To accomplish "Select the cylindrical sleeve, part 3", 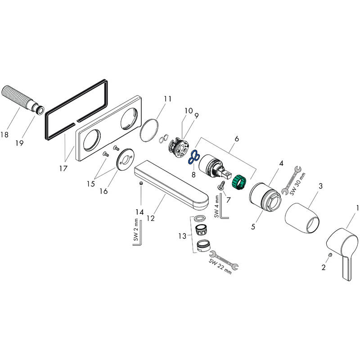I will pyautogui.click(x=302, y=218).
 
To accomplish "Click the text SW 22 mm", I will pyautogui.click(x=220, y=266).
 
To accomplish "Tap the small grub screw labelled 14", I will pyautogui.click(x=141, y=184).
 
